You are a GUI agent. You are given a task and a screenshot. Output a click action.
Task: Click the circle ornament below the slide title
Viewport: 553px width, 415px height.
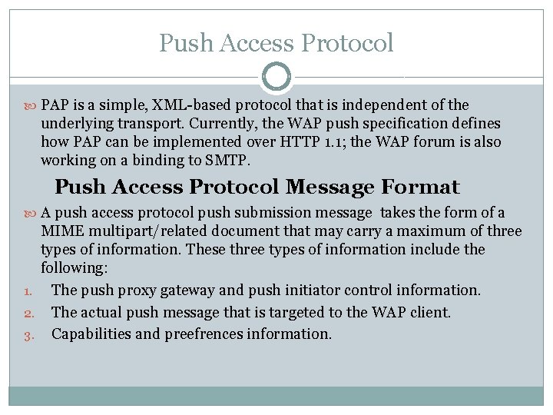(276, 77)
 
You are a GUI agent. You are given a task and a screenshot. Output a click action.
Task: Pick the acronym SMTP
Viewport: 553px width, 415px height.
(227, 161)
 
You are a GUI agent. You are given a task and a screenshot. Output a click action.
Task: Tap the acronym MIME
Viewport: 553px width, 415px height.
(59, 231)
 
